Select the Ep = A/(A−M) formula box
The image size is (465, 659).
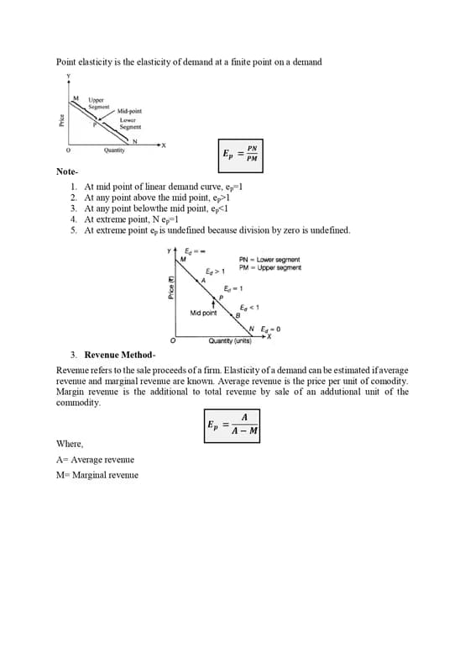(232, 425)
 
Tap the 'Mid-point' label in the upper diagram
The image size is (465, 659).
(129, 111)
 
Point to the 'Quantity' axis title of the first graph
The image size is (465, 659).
(115, 150)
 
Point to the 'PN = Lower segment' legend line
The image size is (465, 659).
(269, 260)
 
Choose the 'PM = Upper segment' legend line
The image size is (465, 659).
(269, 267)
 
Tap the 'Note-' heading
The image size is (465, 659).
(67, 171)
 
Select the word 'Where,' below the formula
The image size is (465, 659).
(70, 444)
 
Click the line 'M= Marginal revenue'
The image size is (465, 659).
(97, 475)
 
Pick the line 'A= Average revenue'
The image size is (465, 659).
(95, 460)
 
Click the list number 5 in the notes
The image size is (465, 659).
(74, 230)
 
